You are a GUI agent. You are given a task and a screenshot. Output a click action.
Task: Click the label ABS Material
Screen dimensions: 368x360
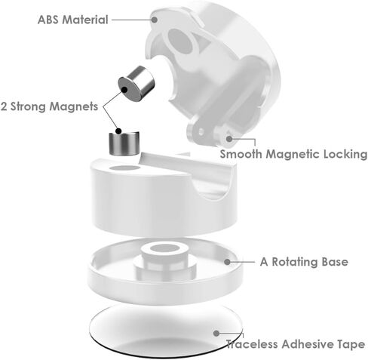(x=73, y=20)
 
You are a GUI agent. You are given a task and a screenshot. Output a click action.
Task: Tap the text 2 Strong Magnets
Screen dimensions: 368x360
(x=49, y=106)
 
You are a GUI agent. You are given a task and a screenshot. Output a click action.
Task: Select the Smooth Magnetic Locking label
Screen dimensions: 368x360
(x=293, y=154)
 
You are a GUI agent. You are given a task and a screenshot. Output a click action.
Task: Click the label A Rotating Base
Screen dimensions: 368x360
(x=304, y=262)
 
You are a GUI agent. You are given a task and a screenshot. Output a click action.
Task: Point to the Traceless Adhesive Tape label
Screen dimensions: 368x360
(x=296, y=344)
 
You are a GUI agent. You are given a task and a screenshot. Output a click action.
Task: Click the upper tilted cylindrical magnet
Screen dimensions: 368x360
(x=136, y=84)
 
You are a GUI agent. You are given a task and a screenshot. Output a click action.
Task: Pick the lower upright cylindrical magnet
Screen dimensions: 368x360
(x=124, y=143)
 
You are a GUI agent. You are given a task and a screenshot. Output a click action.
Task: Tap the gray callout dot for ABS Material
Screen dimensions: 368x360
(x=155, y=20)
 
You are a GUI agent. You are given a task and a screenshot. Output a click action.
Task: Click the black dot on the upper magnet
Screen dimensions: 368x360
(x=124, y=89)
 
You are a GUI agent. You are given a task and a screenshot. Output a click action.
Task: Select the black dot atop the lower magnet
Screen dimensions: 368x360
(x=118, y=131)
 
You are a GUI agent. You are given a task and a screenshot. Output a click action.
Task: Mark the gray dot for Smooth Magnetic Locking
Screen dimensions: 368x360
(x=229, y=138)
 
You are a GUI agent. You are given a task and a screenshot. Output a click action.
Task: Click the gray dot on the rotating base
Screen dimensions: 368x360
(x=227, y=262)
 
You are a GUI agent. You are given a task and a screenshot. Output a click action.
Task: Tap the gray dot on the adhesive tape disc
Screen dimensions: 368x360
(x=216, y=334)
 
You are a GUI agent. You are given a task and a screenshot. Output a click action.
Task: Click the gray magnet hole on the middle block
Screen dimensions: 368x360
(x=125, y=168)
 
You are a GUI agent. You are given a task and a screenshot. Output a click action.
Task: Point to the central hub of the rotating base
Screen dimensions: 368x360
(x=164, y=258)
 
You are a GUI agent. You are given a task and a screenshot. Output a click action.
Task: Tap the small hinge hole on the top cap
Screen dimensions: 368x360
(x=201, y=131)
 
